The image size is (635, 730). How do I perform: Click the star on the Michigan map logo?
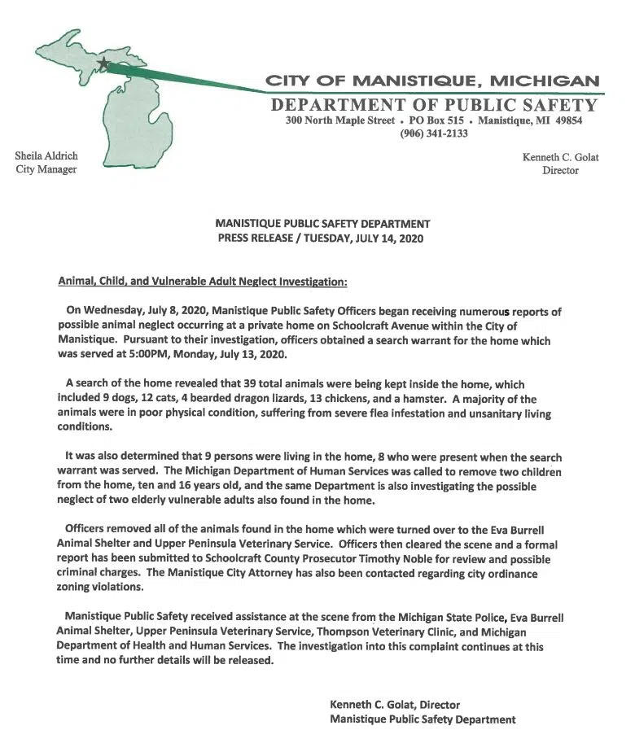point(104,62)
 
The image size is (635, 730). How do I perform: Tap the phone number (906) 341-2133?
point(433,133)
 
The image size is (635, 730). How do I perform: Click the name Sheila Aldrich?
point(46,155)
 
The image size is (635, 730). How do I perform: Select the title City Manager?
point(46,169)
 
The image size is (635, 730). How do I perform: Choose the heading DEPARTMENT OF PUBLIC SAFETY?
point(433,105)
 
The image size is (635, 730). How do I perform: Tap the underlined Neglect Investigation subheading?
point(203,282)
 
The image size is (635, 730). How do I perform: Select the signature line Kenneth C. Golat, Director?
point(395,704)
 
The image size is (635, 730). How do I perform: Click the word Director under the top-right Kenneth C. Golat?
point(560,170)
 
